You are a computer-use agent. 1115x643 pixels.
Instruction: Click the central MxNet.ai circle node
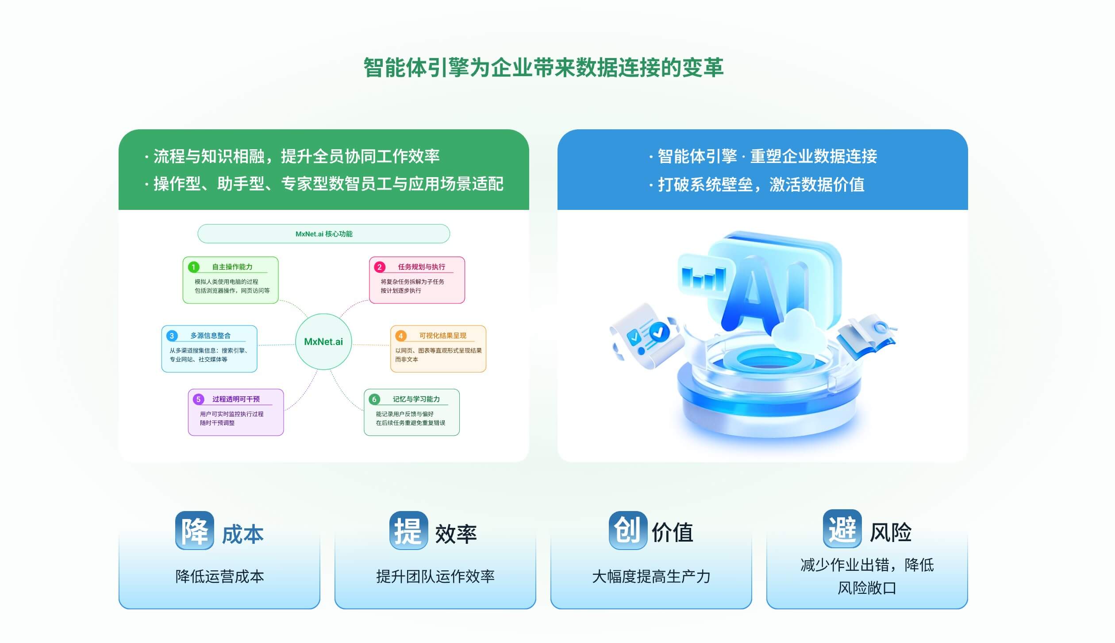[x=323, y=341]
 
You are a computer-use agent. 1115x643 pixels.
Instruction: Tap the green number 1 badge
[x=193, y=267]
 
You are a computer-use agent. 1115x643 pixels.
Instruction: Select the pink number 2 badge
[x=380, y=267]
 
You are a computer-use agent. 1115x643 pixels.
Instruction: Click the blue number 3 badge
[x=172, y=336]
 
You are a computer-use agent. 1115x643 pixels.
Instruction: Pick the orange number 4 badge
[x=401, y=336]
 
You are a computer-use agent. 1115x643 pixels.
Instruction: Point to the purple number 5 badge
[x=198, y=399]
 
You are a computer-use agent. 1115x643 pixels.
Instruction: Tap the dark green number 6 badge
[x=374, y=399]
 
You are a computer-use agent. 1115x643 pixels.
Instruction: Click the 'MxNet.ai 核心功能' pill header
[x=324, y=234]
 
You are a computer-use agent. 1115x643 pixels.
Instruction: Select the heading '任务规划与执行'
[x=422, y=267]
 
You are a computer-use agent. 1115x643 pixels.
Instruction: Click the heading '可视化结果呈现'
[x=443, y=336]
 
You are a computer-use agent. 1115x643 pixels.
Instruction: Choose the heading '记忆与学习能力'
[x=416, y=399]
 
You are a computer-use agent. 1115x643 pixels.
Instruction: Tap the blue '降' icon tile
[x=195, y=531]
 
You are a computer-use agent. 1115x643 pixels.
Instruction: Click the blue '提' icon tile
[x=409, y=531]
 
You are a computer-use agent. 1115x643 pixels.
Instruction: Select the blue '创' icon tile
[x=628, y=531]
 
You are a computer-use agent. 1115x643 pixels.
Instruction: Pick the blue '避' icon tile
[x=842, y=529]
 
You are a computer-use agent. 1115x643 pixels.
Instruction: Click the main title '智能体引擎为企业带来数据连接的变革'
[x=543, y=68]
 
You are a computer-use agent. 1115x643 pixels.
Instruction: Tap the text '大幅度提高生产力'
[x=651, y=576]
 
